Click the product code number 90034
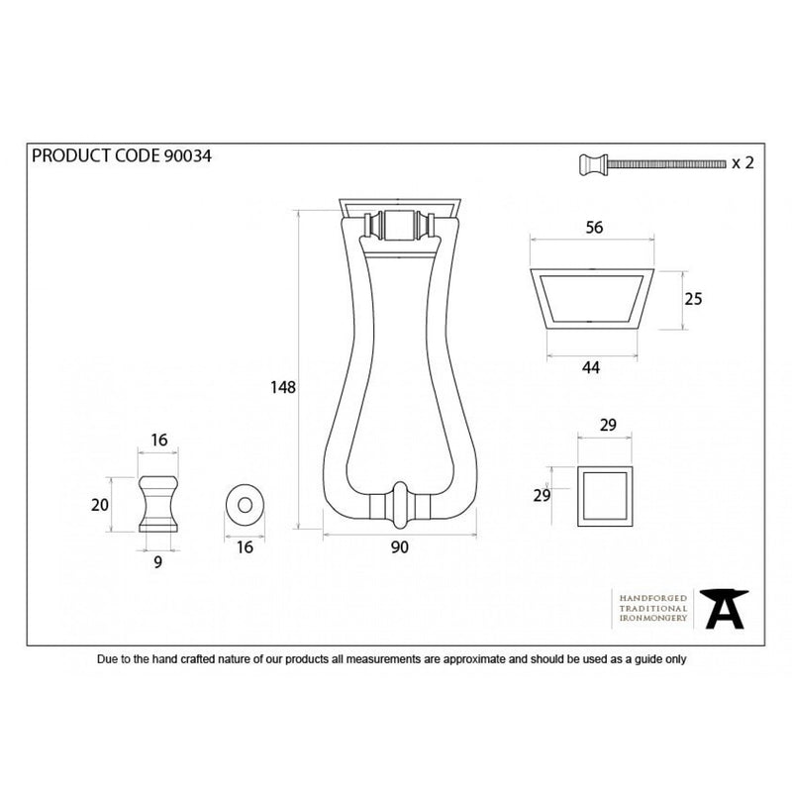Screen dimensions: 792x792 (x=187, y=156)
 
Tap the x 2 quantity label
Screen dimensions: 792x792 (x=743, y=162)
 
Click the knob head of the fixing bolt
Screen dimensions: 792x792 (x=593, y=164)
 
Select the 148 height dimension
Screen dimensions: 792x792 (x=283, y=387)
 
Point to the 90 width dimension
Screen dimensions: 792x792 (x=399, y=547)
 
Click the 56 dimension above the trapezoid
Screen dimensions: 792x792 (x=594, y=228)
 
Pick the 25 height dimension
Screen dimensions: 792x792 (x=693, y=299)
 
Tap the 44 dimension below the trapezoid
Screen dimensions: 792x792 (x=590, y=367)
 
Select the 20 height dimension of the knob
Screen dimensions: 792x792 (x=100, y=505)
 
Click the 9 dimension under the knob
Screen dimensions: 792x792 (x=158, y=561)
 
